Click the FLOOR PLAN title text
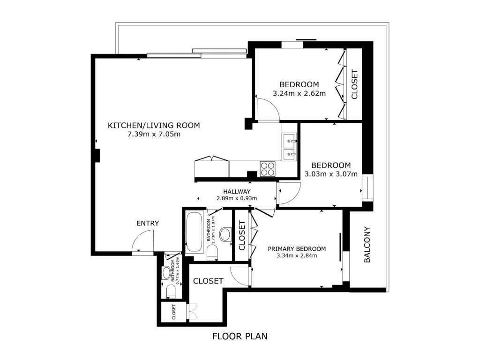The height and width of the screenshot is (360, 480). [240, 336]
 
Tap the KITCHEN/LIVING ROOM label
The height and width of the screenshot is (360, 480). [154, 125]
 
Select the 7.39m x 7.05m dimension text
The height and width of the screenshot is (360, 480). [154, 134]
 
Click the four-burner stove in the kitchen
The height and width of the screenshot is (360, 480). [268, 169]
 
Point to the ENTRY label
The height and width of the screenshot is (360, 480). [148, 224]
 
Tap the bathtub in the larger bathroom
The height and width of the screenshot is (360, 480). [195, 232]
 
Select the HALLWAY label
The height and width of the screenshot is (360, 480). [237, 192]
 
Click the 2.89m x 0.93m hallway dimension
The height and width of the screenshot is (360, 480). [237, 198]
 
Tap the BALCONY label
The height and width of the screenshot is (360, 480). [367, 245]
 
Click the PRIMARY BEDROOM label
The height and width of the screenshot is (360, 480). [297, 249]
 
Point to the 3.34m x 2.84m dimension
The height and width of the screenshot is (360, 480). [297, 255]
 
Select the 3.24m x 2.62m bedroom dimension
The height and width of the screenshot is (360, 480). [299, 93]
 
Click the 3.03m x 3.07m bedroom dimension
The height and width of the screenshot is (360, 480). [331, 174]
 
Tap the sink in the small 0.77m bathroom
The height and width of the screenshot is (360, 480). [166, 273]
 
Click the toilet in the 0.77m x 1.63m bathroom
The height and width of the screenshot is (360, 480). [171, 292]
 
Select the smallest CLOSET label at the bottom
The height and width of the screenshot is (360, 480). [174, 312]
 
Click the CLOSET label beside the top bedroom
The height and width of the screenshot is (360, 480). [354, 84]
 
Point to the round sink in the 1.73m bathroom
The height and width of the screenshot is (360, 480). [226, 235]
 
